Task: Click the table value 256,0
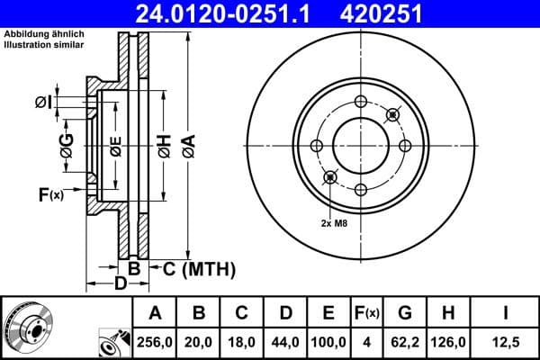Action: tap(154, 341)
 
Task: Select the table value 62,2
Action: tap(404, 341)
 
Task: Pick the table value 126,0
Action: tap(449, 341)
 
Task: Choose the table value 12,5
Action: tap(507, 341)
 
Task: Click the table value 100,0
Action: tap(329, 341)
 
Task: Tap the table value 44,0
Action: tap(285, 341)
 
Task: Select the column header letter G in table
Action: tap(404, 313)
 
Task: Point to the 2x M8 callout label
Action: tap(335, 221)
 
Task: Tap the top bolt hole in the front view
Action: tap(361, 101)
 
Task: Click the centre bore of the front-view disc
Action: tap(361, 145)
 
